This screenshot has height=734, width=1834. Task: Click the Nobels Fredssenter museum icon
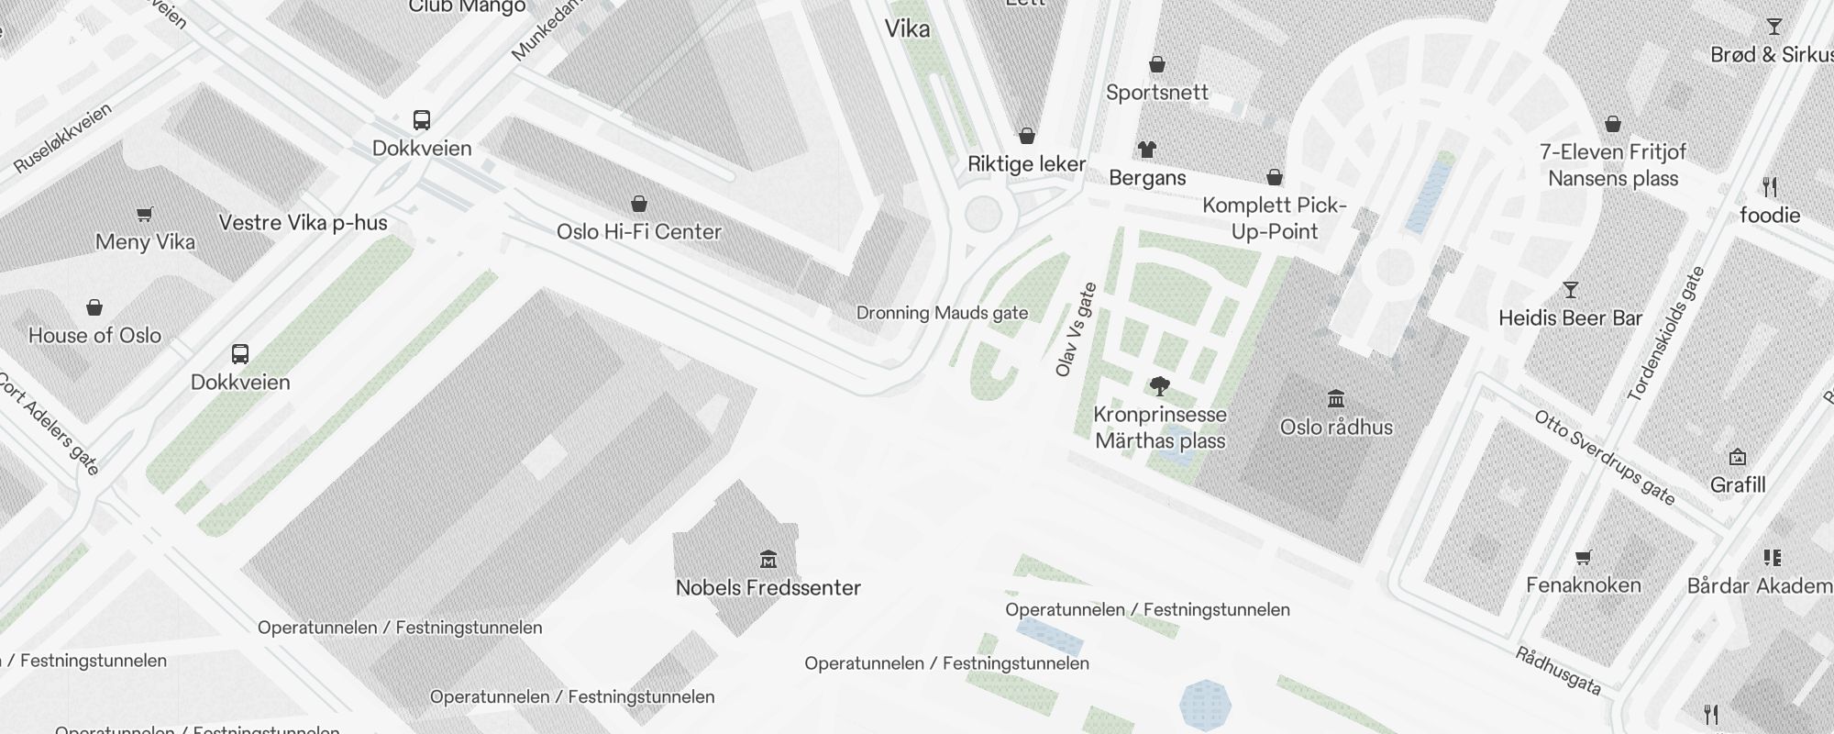(768, 559)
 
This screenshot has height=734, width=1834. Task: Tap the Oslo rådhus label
(1336, 428)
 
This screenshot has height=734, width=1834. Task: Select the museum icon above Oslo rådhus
(1336, 399)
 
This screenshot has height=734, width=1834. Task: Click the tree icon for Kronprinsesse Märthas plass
(1160, 386)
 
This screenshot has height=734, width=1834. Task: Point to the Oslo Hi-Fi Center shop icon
(639, 204)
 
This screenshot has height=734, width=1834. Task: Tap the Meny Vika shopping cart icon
(145, 215)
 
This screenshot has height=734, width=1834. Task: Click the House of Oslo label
(94, 336)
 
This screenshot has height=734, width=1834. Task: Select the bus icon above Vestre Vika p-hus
(422, 120)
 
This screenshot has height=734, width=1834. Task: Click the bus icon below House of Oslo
(240, 354)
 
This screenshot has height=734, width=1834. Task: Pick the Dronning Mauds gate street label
(942, 313)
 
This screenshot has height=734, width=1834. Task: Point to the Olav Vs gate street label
(1076, 329)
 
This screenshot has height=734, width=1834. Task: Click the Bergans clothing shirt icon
(1147, 149)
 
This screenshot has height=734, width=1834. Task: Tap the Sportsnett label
(1156, 93)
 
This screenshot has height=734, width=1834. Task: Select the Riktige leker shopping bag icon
(1027, 136)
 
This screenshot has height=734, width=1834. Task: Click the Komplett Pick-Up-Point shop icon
(1275, 177)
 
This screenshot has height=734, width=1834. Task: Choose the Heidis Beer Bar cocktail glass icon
(1571, 291)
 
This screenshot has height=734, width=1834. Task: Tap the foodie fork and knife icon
(1770, 187)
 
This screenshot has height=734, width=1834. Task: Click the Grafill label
(1737, 484)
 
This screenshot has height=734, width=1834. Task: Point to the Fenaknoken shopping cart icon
(1583, 558)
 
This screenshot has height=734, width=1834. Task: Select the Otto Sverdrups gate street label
(1605, 458)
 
